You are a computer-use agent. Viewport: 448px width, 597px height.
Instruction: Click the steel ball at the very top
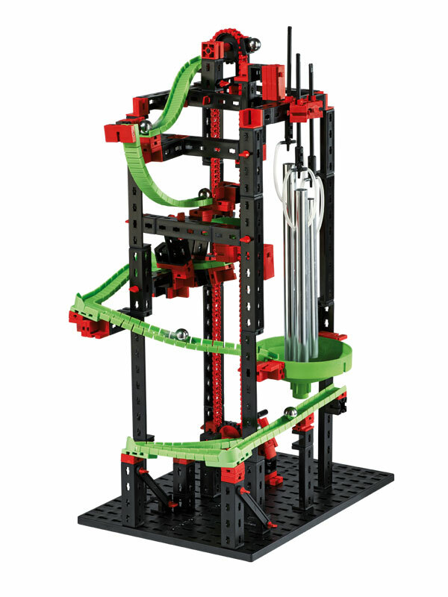point(255,46)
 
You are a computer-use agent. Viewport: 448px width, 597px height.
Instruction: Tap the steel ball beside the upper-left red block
point(145,127)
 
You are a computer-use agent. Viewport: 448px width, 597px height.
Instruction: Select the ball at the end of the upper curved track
point(203,196)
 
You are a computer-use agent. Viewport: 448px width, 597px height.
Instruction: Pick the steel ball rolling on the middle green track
point(180,335)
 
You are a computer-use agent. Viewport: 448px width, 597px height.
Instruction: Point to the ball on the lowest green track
point(290,411)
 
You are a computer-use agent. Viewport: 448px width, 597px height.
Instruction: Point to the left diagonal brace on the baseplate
point(158,490)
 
